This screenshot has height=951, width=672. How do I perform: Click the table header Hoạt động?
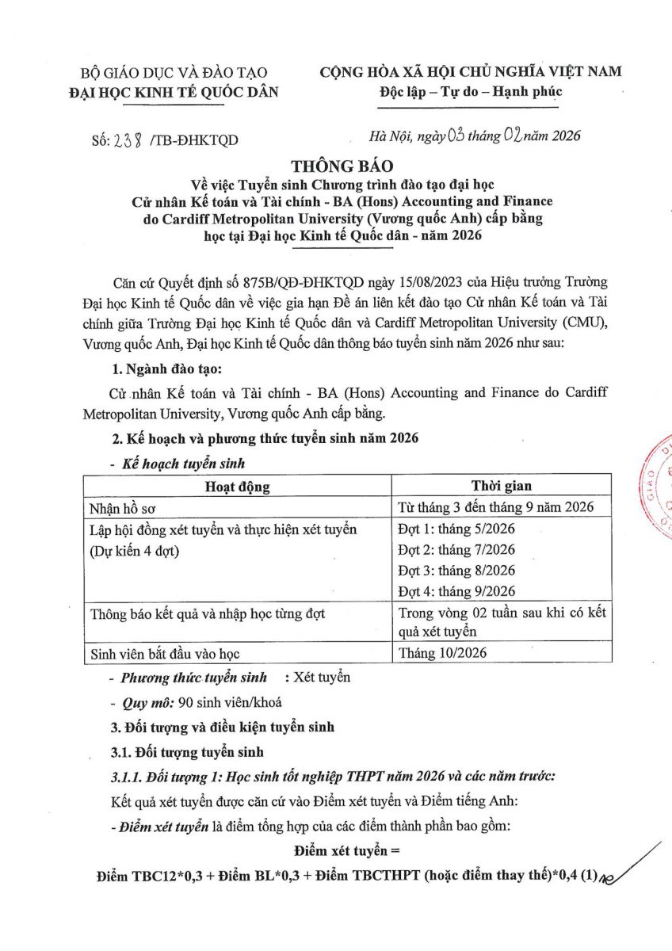(x=237, y=486)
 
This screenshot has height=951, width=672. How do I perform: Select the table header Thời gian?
(x=502, y=486)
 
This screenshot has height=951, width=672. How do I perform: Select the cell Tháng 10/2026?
(x=443, y=653)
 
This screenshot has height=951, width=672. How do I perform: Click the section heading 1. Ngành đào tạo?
(x=156, y=369)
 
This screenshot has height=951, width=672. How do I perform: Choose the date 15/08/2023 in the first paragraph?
(x=360, y=282)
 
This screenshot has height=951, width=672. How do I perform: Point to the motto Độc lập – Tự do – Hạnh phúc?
(x=471, y=91)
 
